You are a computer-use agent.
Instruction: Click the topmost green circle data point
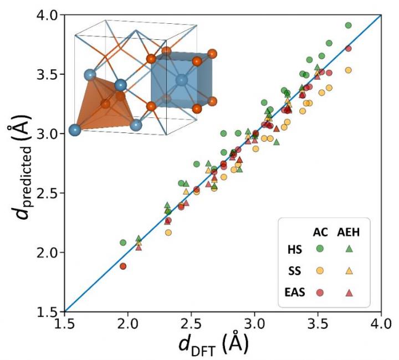tap(349, 25)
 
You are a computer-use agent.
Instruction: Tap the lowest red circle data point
tap(123, 266)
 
